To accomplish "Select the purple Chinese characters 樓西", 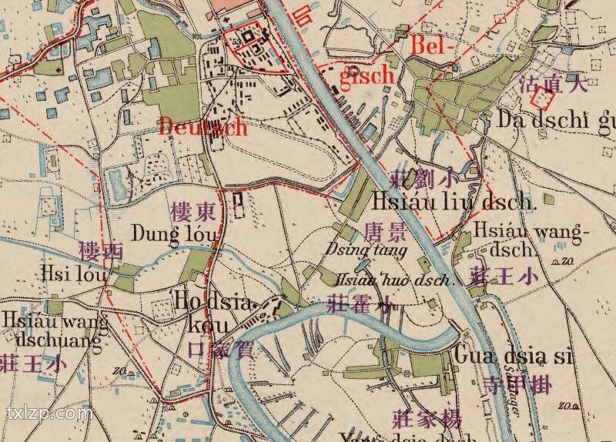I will [101, 251].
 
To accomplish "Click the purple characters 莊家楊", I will [427, 420].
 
